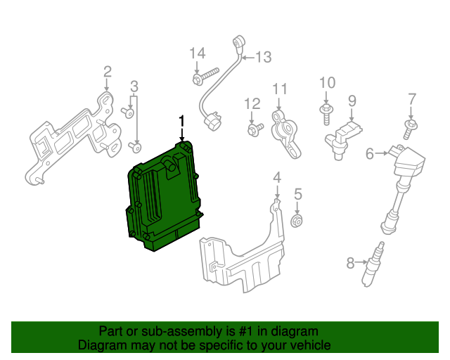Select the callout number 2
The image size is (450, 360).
(108, 71)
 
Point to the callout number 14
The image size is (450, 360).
(197, 53)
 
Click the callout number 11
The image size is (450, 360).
(280, 89)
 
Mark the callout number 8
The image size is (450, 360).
(351, 264)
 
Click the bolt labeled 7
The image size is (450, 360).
(409, 129)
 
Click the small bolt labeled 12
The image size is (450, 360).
(255, 129)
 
